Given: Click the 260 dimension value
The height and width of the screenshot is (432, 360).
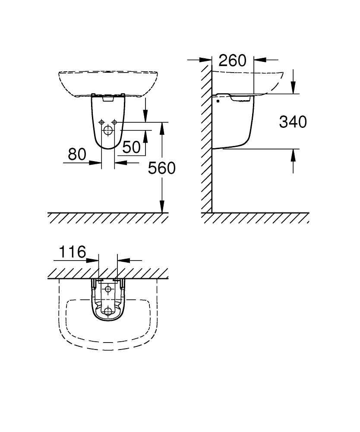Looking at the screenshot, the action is (233, 60).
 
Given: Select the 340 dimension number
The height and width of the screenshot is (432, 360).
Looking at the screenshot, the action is (293, 122).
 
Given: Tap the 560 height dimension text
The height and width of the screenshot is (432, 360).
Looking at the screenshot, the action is (161, 168).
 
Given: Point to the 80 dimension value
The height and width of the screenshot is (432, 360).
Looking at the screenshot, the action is (77, 154).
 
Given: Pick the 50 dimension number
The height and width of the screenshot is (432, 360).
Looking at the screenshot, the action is (132, 147).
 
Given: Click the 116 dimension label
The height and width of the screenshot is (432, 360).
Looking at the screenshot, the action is (73, 251).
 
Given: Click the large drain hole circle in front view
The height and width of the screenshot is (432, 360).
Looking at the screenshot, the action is (108, 130).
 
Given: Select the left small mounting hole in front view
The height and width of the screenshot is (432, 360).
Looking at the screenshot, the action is (101, 122).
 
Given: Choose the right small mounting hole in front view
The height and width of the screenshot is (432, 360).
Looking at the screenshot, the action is (114, 122).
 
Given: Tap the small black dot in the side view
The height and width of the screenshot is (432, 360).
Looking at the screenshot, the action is (218, 101).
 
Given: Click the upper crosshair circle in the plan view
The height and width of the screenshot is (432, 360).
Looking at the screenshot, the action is (108, 289).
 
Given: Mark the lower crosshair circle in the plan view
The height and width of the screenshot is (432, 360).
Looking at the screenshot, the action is (108, 311).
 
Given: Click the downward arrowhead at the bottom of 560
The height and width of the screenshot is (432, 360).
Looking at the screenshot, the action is (162, 206).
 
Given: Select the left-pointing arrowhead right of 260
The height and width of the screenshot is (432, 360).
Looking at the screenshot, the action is (260, 59).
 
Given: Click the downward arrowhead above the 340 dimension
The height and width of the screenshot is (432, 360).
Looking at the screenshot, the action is (293, 88).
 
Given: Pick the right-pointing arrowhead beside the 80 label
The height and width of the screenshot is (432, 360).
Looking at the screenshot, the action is (95, 163).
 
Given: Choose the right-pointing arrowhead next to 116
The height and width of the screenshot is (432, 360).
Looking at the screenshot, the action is (92, 260).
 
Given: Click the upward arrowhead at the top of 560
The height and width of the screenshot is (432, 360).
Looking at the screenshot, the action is (162, 128).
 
